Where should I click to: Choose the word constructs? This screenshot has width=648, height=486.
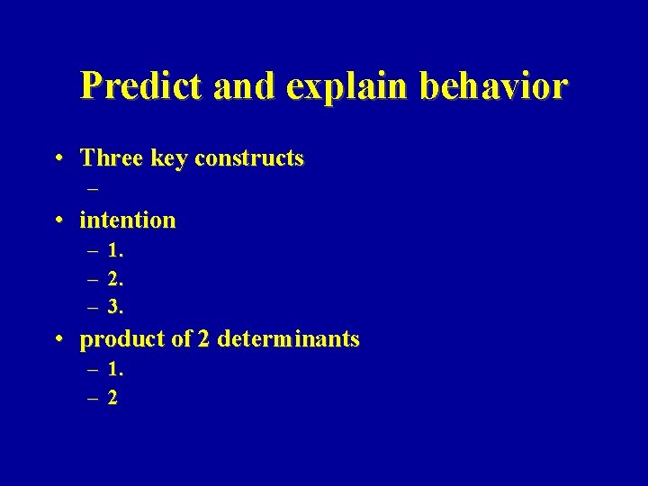[249, 159]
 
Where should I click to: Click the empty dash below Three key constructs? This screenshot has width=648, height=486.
[94, 190]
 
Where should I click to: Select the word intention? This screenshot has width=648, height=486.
[128, 220]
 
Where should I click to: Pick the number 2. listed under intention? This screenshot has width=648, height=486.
[115, 279]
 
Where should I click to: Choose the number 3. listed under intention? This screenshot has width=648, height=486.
[115, 307]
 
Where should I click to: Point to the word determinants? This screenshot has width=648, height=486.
[289, 339]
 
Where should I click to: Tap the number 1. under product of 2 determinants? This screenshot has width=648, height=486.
[115, 369]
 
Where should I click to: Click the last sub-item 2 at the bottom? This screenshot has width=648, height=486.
[112, 397]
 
